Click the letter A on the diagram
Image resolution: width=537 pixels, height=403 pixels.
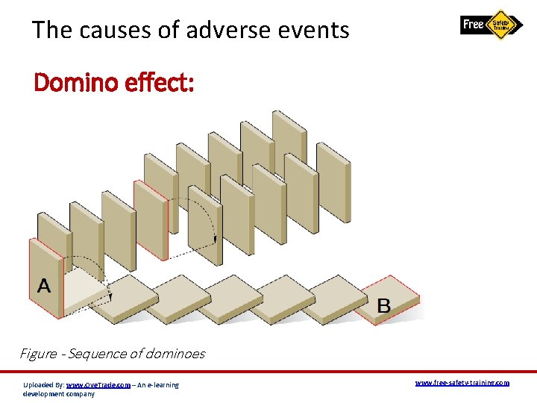(x=44, y=286)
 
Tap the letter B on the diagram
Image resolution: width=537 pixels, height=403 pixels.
(x=383, y=304)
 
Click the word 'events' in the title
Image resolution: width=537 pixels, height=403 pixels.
(x=314, y=30)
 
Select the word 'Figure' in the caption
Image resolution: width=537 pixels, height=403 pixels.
(x=38, y=354)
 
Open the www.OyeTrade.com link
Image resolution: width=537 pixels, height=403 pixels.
(x=98, y=384)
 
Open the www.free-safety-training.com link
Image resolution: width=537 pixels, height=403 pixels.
(x=462, y=382)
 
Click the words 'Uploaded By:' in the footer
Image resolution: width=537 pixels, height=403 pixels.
(x=43, y=384)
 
